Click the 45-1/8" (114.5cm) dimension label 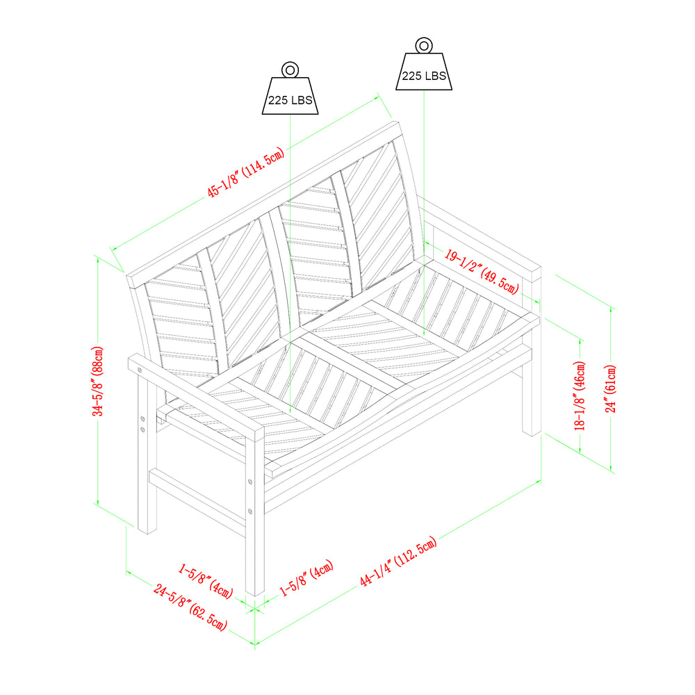point(246,172)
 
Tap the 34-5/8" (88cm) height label point(98,381)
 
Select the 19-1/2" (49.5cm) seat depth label point(482,272)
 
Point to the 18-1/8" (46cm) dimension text point(580,395)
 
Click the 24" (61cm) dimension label point(611,389)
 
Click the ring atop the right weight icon point(424,45)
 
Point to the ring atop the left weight point(291,69)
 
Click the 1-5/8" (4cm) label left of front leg point(206,580)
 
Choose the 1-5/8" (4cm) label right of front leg point(306,578)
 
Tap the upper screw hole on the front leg point(250,482)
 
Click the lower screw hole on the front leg point(250,512)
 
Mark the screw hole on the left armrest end point(140,370)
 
